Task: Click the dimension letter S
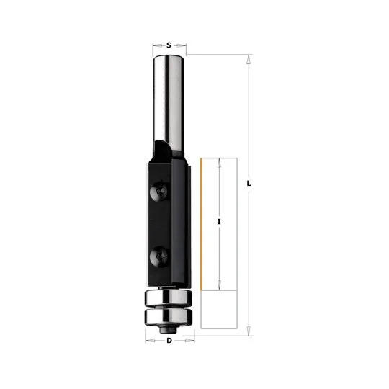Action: click(169, 45)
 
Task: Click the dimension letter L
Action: click(249, 184)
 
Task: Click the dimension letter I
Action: click(219, 222)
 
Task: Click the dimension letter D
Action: click(169, 341)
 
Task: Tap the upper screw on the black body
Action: click(158, 192)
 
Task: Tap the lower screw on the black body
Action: click(158, 256)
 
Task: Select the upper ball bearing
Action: click(169, 297)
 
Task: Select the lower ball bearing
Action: click(169, 316)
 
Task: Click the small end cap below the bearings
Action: click(169, 329)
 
